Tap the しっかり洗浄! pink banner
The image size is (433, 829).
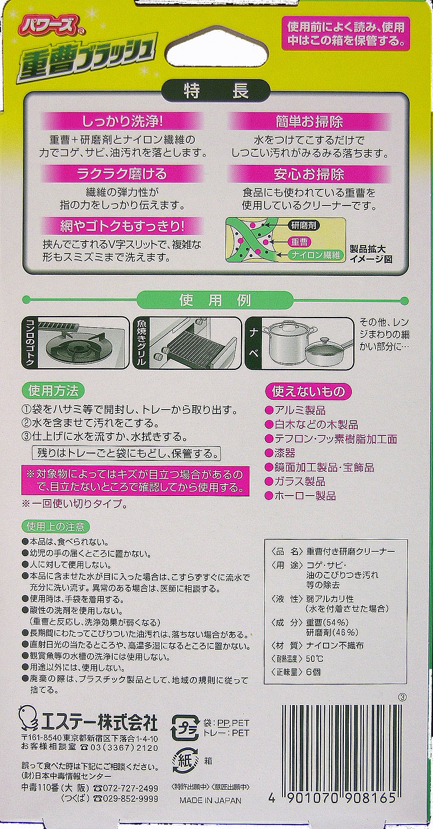122,121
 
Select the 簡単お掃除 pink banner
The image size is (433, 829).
309,121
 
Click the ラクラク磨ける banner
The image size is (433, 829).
122,173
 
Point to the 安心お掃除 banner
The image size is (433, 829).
309,173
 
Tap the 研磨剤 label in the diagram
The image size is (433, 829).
303,225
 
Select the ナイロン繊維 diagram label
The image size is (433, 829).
316,255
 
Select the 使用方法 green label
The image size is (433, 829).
53,391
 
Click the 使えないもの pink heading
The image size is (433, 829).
308,391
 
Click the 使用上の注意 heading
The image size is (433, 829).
56,527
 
